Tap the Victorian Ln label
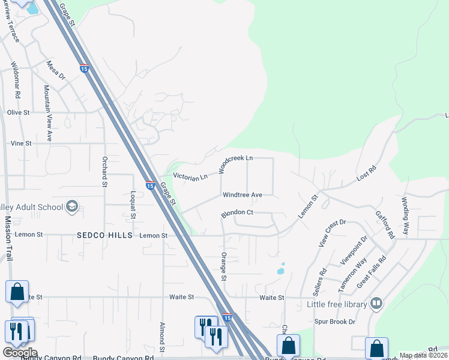[190, 176]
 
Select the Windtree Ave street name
[243, 195]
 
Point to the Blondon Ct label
[238, 212]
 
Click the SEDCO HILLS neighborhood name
[104, 236]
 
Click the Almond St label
[162, 336]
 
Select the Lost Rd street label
[365, 175]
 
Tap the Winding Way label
[405, 215]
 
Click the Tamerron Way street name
[352, 275]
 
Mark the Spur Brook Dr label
[335, 322]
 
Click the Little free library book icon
[376, 303]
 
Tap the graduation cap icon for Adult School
[72, 207]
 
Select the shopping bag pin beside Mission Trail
[17, 292]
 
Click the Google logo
[20, 353]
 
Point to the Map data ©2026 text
[424, 355]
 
